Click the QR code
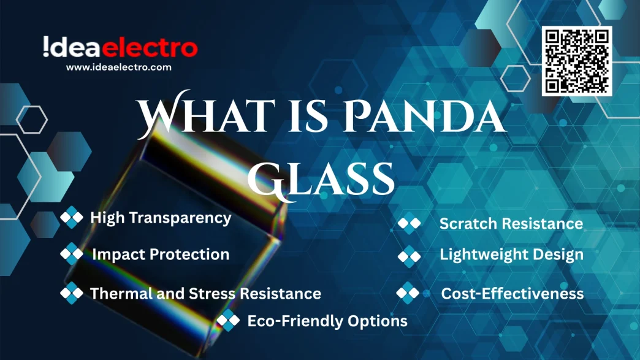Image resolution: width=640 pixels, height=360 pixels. coord(577,61)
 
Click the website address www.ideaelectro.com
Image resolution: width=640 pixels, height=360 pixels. coord(119,67)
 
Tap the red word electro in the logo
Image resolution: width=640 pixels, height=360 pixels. coord(150,48)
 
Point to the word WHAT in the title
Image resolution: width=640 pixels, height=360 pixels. coord(205,114)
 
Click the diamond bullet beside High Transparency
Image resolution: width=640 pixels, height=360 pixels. coord(72,218)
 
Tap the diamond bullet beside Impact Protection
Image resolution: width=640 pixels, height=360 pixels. coord(72,254)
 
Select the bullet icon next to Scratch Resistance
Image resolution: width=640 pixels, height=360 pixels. coord(410,223)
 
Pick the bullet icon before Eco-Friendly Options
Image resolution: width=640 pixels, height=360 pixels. coord(228,320)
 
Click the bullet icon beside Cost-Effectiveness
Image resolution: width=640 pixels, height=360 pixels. coord(408,293)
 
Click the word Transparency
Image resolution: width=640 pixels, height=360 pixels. coord(180,218)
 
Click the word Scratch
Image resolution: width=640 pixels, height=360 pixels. coord(468,224)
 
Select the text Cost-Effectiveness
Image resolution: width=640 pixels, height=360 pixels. coord(512,294)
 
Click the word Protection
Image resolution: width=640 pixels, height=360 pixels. coord(189,255)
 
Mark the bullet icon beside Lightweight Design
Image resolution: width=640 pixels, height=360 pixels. coord(410,256)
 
